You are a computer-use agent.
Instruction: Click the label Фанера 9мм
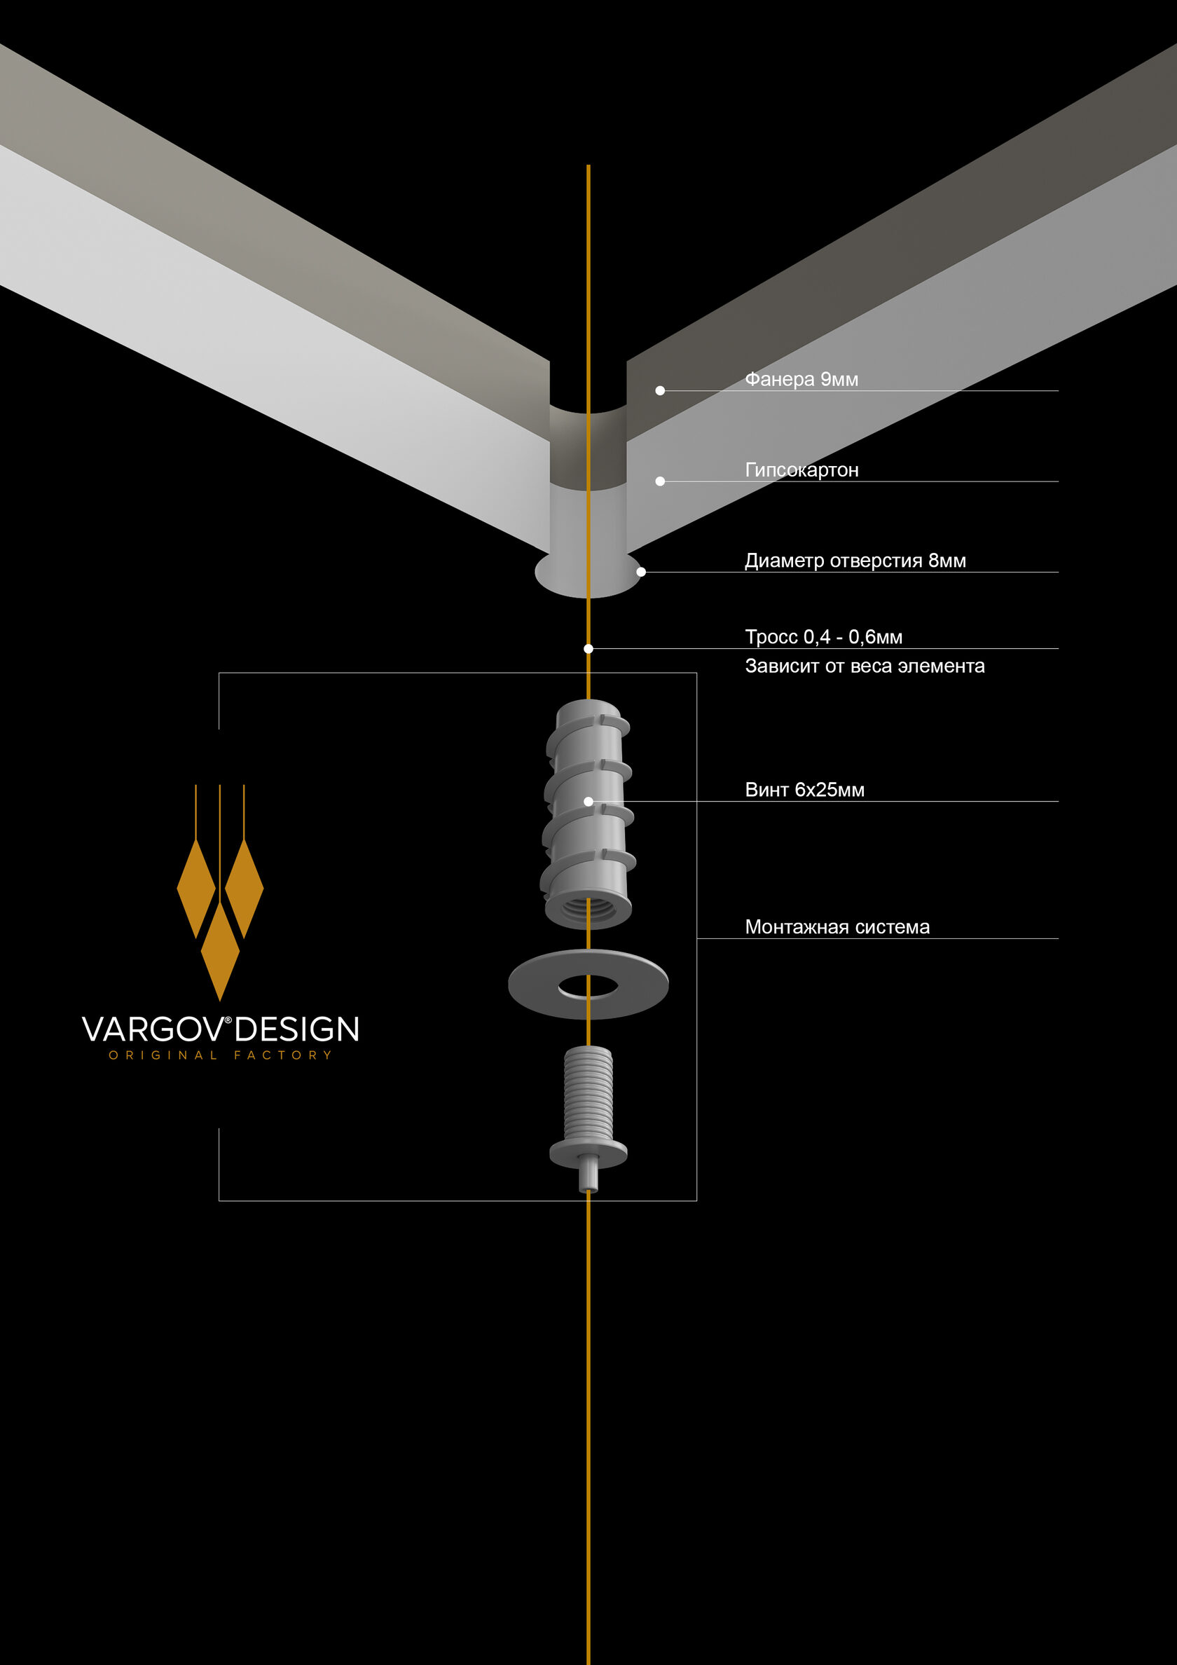(801, 379)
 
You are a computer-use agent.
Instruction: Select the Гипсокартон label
(801, 470)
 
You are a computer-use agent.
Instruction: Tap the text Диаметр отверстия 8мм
(855, 561)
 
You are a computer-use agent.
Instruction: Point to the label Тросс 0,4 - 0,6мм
(824, 637)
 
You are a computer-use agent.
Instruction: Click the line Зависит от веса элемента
(865, 666)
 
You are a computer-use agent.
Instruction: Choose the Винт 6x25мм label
(804, 790)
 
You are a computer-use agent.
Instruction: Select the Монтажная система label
(837, 927)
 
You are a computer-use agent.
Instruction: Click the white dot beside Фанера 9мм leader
(660, 390)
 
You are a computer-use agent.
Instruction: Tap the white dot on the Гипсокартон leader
(660, 481)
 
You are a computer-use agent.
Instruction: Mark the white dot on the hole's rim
(641, 571)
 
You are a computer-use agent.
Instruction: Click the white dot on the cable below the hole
(588, 648)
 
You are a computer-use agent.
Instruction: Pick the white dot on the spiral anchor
(588, 800)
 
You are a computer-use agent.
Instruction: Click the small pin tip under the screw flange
(588, 1179)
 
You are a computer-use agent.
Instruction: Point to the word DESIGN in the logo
(296, 1029)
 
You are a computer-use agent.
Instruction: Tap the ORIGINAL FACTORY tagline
(221, 1055)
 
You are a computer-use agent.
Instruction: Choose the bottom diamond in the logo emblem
(220, 951)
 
